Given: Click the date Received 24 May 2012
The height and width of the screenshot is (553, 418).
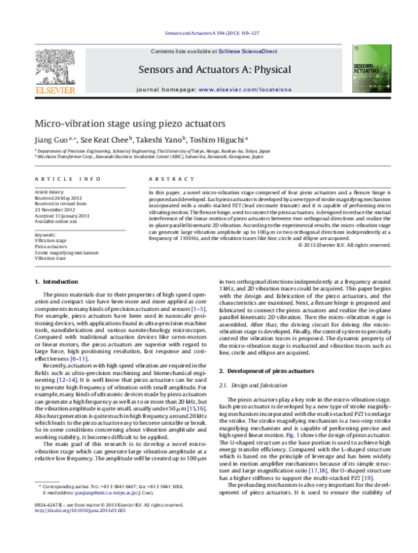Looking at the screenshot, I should coord(59,198).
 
